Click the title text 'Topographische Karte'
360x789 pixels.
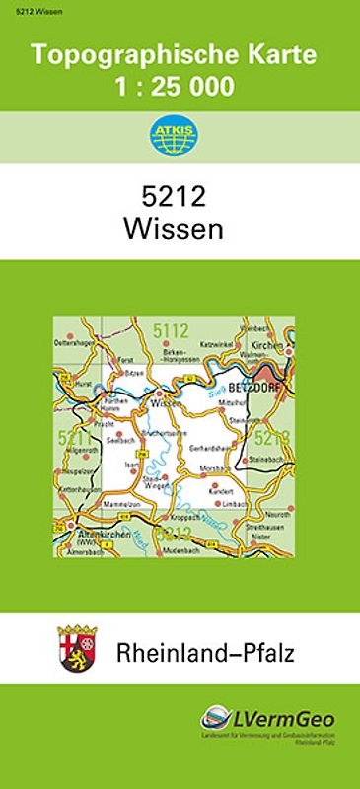pyautogui.click(x=180, y=56)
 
